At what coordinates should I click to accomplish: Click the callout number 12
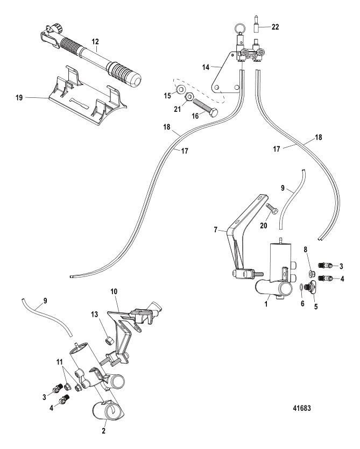click(95, 41)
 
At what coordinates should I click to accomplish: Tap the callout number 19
click(19, 98)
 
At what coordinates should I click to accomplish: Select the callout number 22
click(275, 27)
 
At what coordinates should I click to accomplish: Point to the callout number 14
click(206, 67)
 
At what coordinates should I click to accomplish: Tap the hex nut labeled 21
click(189, 98)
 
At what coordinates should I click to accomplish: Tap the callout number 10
click(114, 292)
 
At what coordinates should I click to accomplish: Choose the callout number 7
click(216, 230)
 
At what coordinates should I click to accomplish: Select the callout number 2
click(104, 431)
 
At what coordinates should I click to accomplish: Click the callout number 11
click(59, 362)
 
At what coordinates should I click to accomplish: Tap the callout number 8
click(306, 250)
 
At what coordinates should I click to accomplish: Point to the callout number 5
click(316, 307)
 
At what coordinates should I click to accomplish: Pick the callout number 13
click(95, 315)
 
